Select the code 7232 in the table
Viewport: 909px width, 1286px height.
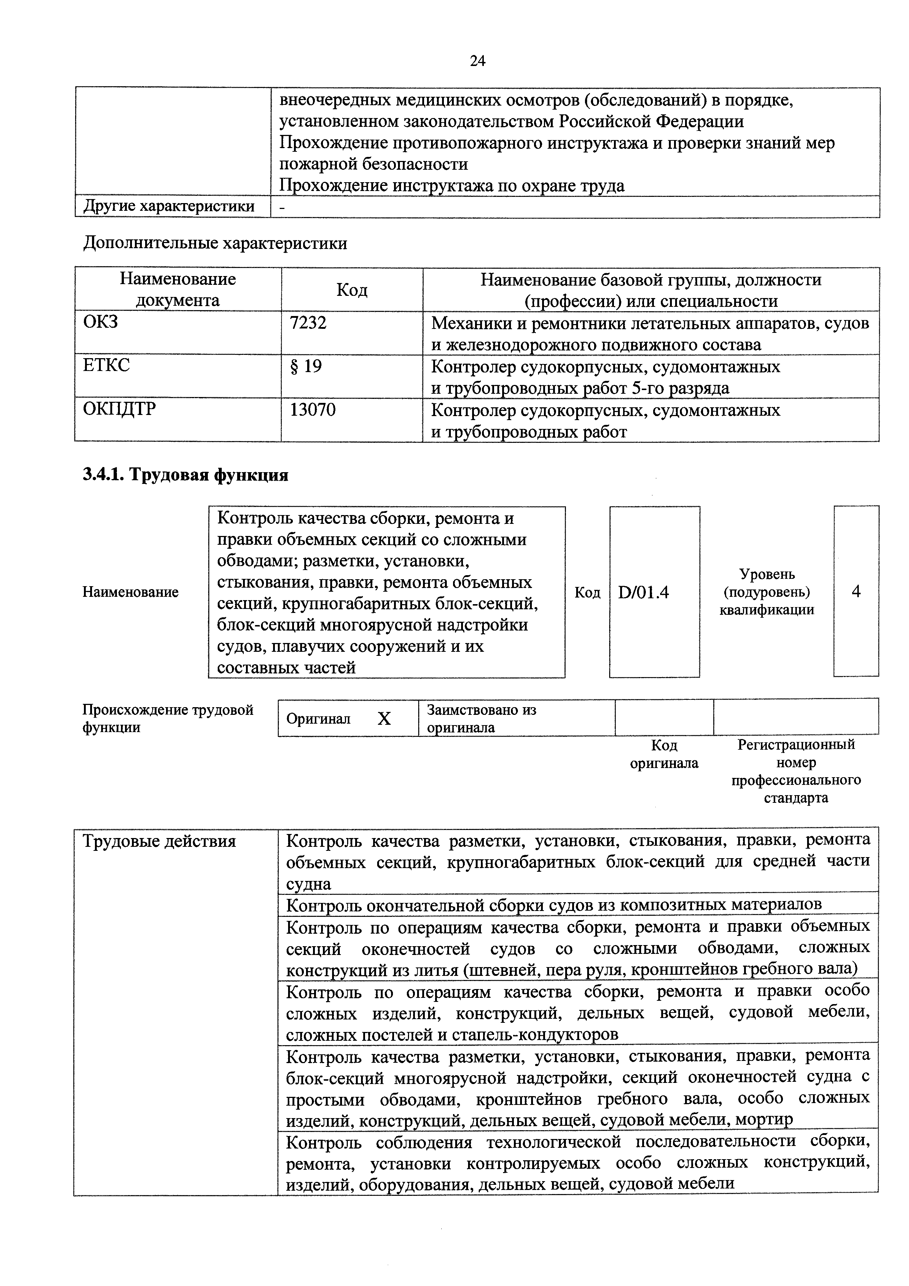click(x=308, y=323)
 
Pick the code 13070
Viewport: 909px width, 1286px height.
click(x=313, y=410)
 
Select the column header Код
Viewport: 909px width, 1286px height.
click(x=352, y=290)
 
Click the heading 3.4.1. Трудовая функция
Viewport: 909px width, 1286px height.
click(x=185, y=475)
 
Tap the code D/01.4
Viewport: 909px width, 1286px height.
click(x=644, y=592)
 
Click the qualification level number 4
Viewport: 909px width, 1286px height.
click(x=856, y=591)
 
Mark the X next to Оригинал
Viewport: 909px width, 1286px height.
click(x=384, y=719)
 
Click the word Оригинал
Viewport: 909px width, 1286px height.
click(x=318, y=719)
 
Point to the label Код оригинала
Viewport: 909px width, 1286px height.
click(x=664, y=754)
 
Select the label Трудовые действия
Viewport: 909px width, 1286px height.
click(x=159, y=841)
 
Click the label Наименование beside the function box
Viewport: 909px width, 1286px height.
click(x=130, y=592)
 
